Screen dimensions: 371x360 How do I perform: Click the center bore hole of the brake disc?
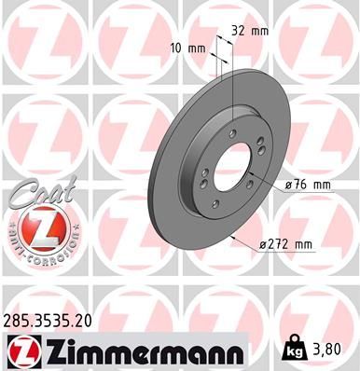(230, 173)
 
